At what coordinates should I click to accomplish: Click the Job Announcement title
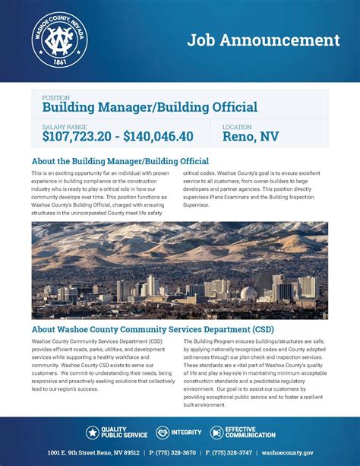[264, 40]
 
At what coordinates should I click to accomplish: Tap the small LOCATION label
[236, 127]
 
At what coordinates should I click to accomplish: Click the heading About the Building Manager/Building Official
[120, 162]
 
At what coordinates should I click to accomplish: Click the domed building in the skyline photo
[250, 293]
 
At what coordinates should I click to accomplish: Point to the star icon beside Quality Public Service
[92, 433]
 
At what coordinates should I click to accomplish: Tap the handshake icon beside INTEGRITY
[163, 433]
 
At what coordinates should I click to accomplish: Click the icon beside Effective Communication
[217, 433]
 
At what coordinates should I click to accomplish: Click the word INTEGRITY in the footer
[187, 433]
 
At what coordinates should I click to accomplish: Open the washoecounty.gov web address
[309, 453]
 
